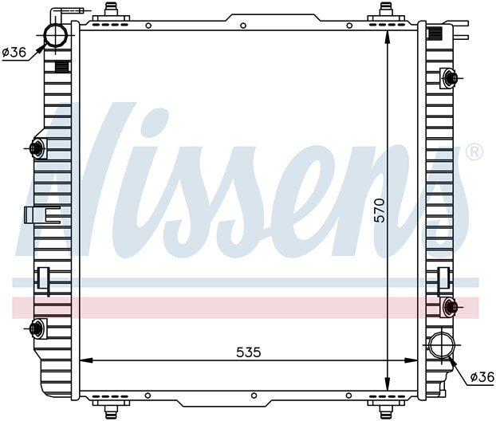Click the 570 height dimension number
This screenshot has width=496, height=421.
pyautogui.click(x=380, y=209)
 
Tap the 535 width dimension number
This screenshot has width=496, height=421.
pyautogui.click(x=249, y=351)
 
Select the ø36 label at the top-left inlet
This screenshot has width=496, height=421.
pyautogui.click(x=14, y=53)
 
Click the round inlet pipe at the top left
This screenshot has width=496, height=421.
pyautogui.click(x=56, y=35)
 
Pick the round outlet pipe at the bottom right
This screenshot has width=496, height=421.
pyautogui.click(x=440, y=347)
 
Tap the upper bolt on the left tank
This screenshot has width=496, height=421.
pyautogui.click(x=36, y=148)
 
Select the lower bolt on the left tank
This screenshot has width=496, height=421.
pyautogui.click(x=36, y=327)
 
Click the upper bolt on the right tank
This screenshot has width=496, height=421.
pyautogui.click(x=451, y=78)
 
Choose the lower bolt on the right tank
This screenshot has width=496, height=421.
pyautogui.click(x=451, y=305)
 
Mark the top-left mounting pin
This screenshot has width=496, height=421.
pyautogui.click(x=110, y=10)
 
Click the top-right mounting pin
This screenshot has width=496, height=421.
pyautogui.click(x=386, y=10)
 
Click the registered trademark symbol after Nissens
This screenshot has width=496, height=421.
pyautogui.click(x=473, y=151)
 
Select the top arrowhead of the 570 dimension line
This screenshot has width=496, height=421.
pyautogui.click(x=387, y=37)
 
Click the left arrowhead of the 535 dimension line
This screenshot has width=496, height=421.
pyautogui.click(x=86, y=360)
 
